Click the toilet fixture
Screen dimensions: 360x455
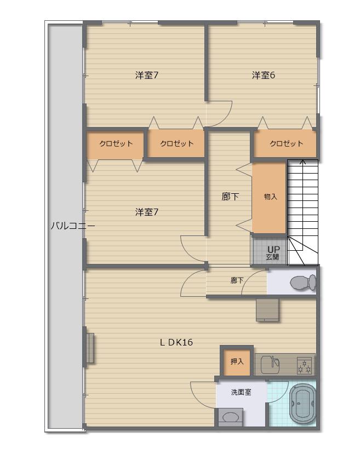303,283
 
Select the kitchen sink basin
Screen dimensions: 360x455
270,364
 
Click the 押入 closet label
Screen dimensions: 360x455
237,361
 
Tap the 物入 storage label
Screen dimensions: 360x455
270,197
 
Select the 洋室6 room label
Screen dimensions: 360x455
264,76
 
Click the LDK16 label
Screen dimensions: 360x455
176,342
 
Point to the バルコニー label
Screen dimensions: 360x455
72,226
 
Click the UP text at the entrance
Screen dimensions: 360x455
273,249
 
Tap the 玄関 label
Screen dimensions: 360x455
272,257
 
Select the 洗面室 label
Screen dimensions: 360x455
241,392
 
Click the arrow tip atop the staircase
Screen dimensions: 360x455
303,160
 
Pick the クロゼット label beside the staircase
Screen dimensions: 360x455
286,143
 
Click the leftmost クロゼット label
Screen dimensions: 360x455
116,143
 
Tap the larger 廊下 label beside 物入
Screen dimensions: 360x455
230,197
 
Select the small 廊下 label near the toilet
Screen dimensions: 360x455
237,280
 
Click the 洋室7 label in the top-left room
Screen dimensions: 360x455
147,76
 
